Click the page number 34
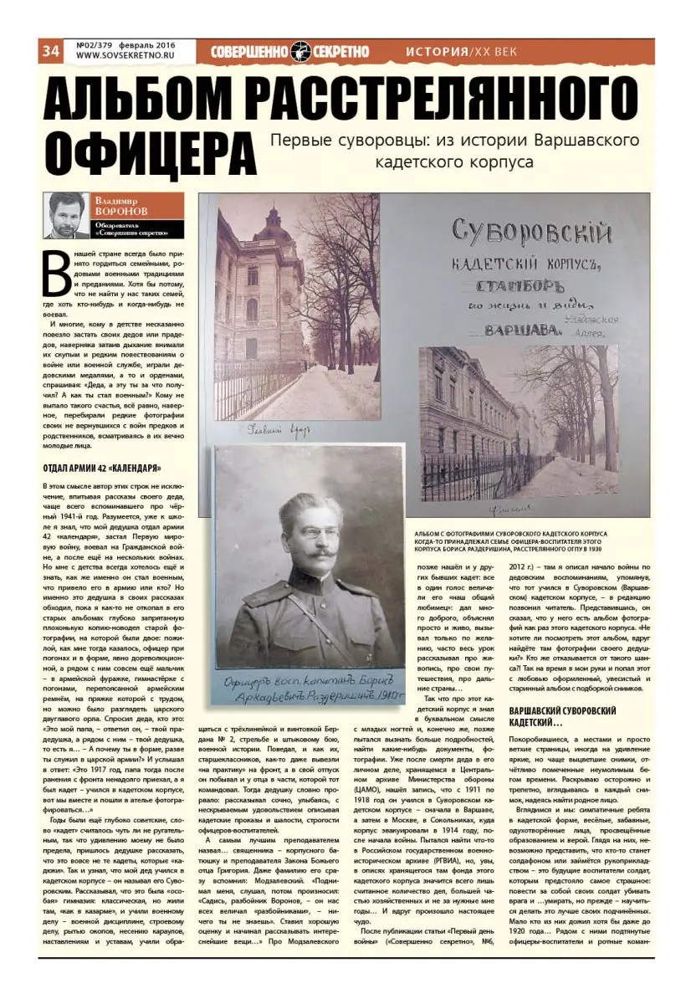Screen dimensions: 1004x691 tap(49, 51)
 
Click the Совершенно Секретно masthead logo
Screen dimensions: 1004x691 tap(289, 51)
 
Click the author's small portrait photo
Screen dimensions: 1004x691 tap(66, 217)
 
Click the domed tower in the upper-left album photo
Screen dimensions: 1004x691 tap(275, 228)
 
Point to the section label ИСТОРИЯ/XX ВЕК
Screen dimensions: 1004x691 tap(461, 51)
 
